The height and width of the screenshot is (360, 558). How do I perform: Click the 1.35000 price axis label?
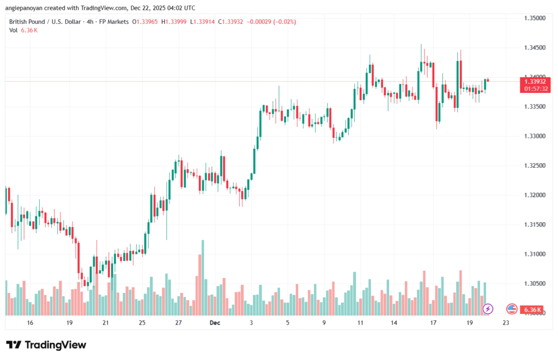(533, 18)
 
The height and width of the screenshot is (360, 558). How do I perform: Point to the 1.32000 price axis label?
(533, 195)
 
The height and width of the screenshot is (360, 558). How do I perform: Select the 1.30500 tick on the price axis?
(533, 283)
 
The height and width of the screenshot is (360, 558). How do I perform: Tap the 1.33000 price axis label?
(533, 136)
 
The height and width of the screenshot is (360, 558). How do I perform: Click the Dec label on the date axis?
(214, 323)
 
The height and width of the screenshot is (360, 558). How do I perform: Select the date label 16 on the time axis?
(30, 323)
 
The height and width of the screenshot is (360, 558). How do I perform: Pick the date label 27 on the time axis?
(178, 323)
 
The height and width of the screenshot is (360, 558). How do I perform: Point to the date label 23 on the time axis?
(506, 323)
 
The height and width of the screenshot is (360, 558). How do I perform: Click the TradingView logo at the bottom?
(46, 345)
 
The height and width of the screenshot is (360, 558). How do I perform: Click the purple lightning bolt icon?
(488, 309)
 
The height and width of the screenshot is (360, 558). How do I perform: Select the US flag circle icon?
(512, 309)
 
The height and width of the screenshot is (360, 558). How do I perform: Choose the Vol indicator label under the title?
(13, 30)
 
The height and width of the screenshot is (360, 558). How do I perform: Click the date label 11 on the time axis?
(360, 323)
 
